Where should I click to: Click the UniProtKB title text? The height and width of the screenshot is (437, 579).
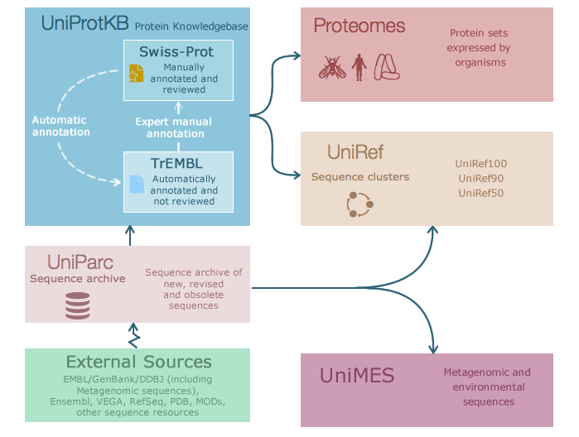click(x=85, y=23)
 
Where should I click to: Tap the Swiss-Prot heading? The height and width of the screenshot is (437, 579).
click(x=176, y=51)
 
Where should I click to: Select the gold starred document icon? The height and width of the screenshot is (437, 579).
click(x=136, y=73)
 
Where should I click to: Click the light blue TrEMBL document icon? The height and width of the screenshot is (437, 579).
click(x=137, y=184)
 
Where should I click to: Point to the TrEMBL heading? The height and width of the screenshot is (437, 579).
click(x=176, y=164)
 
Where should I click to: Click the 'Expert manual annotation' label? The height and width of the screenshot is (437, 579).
click(x=174, y=127)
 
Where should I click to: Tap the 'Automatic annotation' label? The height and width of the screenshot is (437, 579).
click(x=61, y=126)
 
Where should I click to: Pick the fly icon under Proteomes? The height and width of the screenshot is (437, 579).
click(x=332, y=68)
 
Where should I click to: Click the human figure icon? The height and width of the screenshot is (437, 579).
click(x=359, y=67)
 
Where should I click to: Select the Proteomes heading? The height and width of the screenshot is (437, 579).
click(x=359, y=26)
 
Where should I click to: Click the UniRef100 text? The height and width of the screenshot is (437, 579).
click(x=480, y=164)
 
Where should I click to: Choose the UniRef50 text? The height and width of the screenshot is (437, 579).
click(x=480, y=193)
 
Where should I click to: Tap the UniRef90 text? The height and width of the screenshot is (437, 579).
click(x=480, y=178)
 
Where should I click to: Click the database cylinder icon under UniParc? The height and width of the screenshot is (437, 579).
click(x=78, y=305)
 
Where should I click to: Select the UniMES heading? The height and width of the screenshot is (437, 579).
click(x=357, y=376)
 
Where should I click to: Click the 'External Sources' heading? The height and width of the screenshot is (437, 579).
click(x=139, y=362)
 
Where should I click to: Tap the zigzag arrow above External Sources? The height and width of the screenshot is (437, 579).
click(x=133, y=335)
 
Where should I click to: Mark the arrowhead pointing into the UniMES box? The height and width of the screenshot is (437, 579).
click(x=433, y=348)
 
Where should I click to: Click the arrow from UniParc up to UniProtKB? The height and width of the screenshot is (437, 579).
click(x=130, y=236)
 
